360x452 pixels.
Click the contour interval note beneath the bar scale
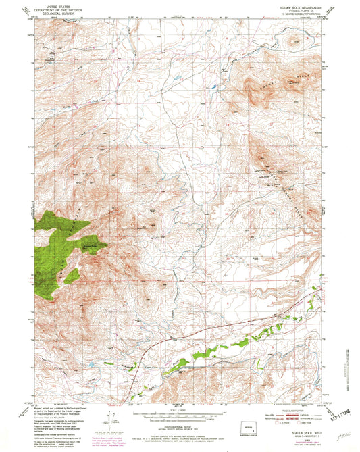(x=179, y=424)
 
